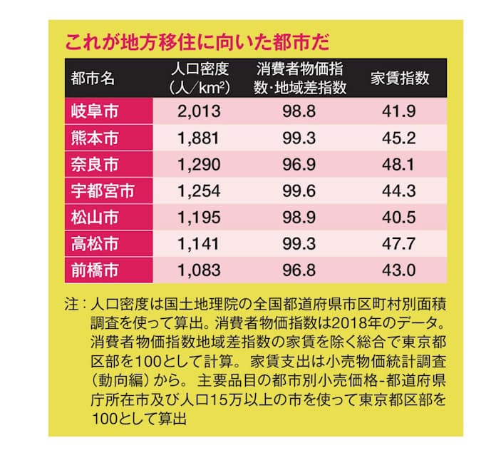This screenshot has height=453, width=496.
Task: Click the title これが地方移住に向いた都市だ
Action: [197, 42]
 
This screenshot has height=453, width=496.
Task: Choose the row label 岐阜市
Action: [95, 111]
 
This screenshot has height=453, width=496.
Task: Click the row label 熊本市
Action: [95, 138]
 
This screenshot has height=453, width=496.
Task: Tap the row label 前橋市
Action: [95, 270]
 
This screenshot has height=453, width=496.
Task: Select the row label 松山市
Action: [95, 218]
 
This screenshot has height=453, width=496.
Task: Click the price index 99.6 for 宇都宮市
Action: [300, 191]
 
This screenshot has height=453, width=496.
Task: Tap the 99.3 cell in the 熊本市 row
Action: [300, 138]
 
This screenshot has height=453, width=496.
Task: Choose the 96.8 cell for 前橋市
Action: [300, 270]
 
